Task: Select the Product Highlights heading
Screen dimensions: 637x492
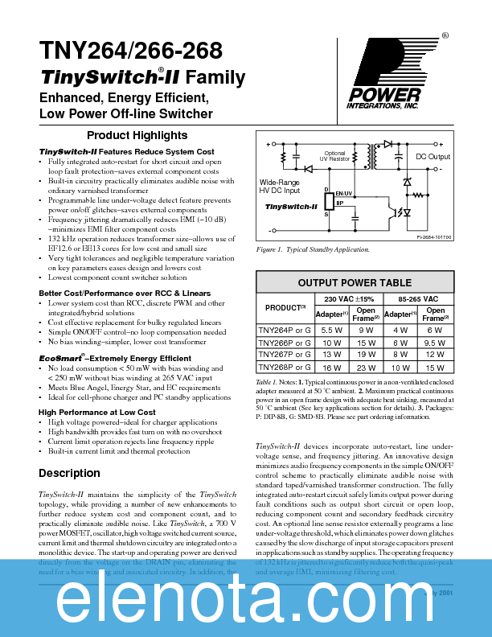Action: point(137,135)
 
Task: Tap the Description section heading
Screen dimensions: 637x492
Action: point(69,473)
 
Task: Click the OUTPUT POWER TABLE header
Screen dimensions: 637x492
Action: point(355,282)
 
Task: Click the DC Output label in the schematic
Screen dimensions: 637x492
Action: point(433,157)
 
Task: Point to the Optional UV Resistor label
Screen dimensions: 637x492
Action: point(334,156)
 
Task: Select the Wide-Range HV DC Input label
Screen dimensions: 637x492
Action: point(280,186)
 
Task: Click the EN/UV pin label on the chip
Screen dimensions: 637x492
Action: point(344,194)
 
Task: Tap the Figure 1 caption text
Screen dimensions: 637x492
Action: point(312,250)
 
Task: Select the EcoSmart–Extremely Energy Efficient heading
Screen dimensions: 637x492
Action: point(115,357)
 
